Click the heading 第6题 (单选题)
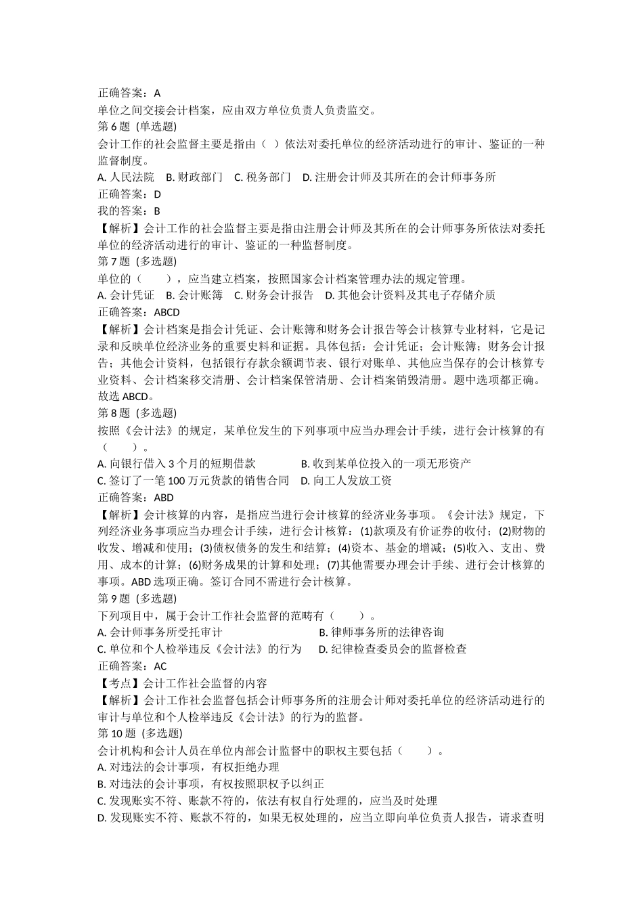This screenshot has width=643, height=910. pos(137,127)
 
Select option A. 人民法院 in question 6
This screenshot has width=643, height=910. pos(126,177)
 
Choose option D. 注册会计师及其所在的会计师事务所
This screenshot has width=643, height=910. pos(399,177)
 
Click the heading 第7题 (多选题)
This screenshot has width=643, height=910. pos(137,261)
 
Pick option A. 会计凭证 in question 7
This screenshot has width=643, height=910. pos(126,295)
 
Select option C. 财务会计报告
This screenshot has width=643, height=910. pos(273,295)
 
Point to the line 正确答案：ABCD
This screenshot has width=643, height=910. pos(139,312)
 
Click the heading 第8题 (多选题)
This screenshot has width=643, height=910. pos(137,413)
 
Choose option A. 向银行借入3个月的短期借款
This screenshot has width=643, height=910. pos(177,464)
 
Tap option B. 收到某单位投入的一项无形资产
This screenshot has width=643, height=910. pos(386,464)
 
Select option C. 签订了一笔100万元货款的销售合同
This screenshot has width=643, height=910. pos(194,481)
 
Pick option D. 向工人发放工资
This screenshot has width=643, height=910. pos(347,481)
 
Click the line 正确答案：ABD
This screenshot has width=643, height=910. pos(136,498)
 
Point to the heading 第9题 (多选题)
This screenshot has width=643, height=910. pos(137,599)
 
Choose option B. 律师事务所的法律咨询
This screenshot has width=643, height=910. pos(381,632)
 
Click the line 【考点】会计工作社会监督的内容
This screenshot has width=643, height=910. pos(183,683)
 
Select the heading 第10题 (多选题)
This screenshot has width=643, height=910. pos(140,733)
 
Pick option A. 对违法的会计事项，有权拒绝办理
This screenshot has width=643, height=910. pos(189,767)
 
